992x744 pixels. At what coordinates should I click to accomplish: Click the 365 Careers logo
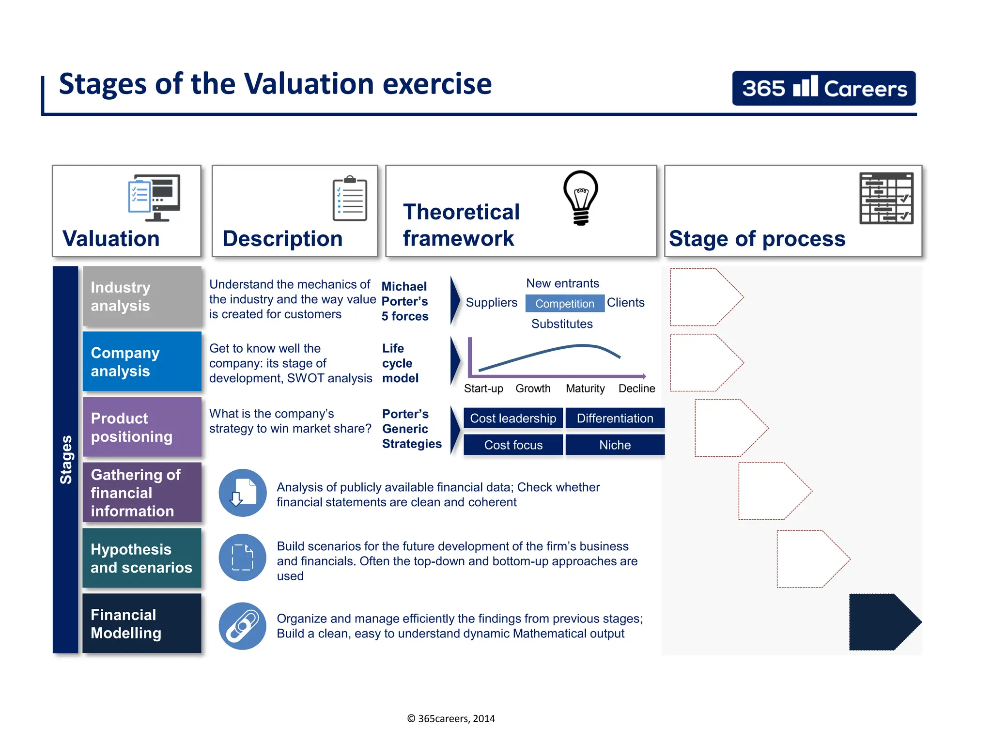pyautogui.click(x=823, y=88)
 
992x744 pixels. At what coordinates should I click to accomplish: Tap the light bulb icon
pyautogui.click(x=581, y=197)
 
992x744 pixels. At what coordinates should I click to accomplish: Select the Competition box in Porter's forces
pyautogui.click(x=564, y=303)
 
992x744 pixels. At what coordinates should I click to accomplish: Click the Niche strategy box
pyautogui.click(x=615, y=445)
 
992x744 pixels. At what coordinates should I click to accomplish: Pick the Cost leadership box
pyautogui.click(x=513, y=418)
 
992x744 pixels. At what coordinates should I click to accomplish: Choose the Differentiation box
pyautogui.click(x=615, y=418)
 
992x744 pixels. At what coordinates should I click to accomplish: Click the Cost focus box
pyautogui.click(x=513, y=445)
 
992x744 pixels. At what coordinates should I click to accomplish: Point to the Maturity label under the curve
pyautogui.click(x=585, y=388)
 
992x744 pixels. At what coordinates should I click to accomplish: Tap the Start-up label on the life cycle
pyautogui.click(x=483, y=388)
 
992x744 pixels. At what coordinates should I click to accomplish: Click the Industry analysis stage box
pyautogui.click(x=142, y=296)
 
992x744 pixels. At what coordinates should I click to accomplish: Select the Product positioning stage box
pyautogui.click(x=142, y=427)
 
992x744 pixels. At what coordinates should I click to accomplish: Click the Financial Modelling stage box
pyautogui.click(x=142, y=623)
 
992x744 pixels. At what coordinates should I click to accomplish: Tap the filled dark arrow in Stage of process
pyautogui.click(x=882, y=622)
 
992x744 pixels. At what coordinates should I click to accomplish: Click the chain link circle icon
pyautogui.click(x=242, y=626)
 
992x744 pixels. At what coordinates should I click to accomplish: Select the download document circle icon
pyautogui.click(x=242, y=493)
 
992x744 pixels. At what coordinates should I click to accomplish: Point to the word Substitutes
pyautogui.click(x=562, y=324)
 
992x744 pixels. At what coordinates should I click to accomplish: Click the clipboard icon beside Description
pyautogui.click(x=350, y=199)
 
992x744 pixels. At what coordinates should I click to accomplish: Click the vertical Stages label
pyautogui.click(x=66, y=459)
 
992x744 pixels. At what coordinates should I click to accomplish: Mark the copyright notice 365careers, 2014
pyautogui.click(x=451, y=719)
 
